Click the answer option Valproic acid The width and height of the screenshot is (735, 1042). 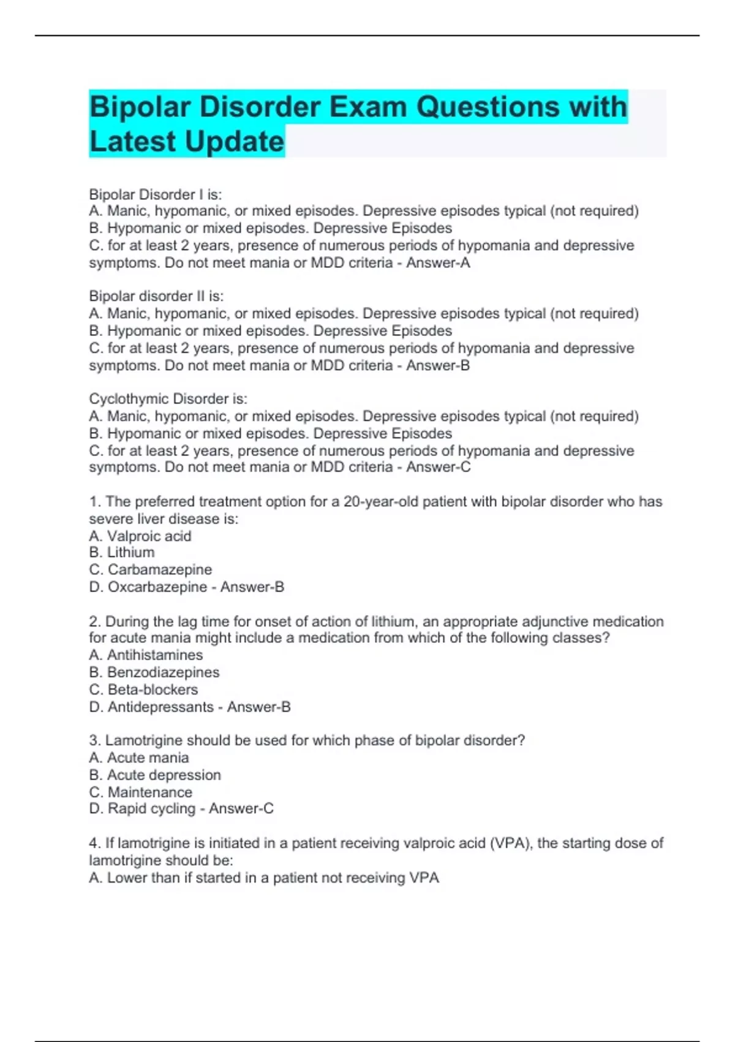click(149, 536)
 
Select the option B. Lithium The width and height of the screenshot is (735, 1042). click(122, 552)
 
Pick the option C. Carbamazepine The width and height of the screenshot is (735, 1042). click(151, 569)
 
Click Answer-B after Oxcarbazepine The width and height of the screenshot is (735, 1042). click(252, 587)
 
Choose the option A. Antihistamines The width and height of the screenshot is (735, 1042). click(146, 655)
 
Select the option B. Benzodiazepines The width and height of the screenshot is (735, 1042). click(154, 672)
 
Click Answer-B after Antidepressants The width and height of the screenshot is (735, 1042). click(259, 707)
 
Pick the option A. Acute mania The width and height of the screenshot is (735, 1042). click(139, 758)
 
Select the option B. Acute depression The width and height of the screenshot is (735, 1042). click(155, 775)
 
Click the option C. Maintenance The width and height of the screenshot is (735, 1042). click(141, 792)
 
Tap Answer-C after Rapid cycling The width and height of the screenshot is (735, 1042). click(241, 808)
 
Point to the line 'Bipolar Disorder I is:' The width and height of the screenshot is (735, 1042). click(156, 194)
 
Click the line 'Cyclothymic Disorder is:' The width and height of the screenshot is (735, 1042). click(168, 398)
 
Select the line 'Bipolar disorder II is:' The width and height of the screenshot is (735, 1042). click(157, 296)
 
